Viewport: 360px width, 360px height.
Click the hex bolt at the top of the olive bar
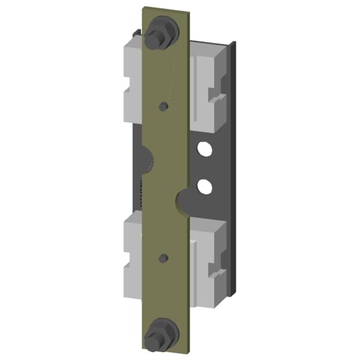[x=161, y=29]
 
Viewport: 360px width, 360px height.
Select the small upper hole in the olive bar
[x=162, y=107]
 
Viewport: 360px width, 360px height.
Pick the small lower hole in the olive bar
[x=162, y=259]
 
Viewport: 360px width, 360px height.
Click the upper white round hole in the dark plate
[x=205, y=148]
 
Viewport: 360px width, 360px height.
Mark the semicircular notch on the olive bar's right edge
[x=183, y=199]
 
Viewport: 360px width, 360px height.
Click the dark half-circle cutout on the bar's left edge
[x=147, y=157]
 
